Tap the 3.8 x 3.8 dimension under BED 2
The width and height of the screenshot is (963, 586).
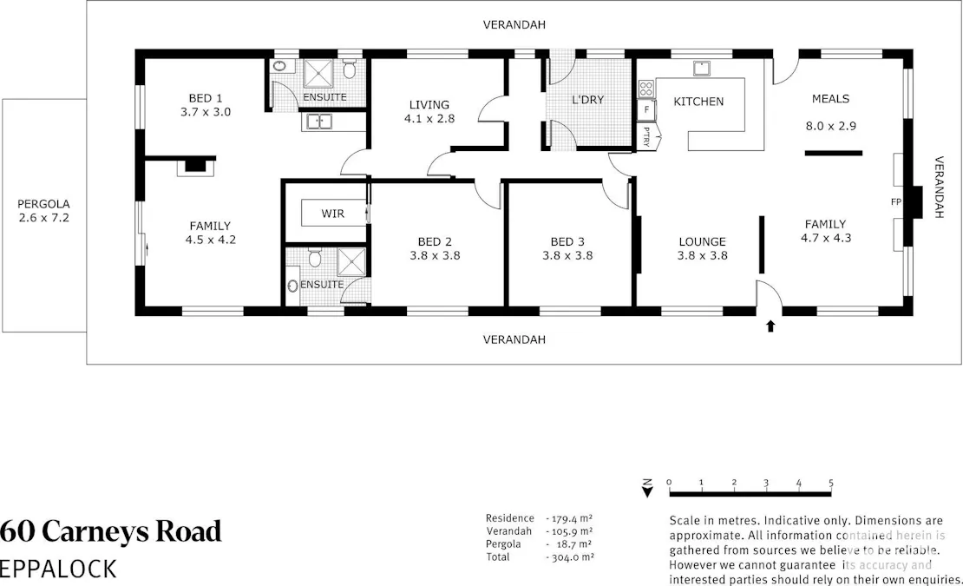point(435,256)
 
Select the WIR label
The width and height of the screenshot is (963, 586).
point(332,213)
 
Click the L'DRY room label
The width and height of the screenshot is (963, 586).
point(587,100)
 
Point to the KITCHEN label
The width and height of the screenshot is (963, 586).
point(698,102)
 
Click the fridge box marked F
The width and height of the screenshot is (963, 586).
point(646,109)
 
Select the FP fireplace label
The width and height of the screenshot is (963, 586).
point(896,202)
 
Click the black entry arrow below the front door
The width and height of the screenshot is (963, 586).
point(770,326)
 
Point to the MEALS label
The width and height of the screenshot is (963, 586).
point(830,99)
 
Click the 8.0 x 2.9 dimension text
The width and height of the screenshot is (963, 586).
point(831,126)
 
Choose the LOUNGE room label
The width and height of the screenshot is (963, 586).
point(702,242)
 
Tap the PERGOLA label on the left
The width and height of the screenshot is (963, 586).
point(43,205)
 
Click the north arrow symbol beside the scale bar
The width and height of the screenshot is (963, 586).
point(646,488)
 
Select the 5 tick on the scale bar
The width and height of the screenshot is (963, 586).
point(831,483)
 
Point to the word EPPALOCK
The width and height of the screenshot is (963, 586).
point(58,569)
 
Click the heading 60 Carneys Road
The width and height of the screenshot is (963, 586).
point(111,530)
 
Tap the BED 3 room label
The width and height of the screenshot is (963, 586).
point(567,242)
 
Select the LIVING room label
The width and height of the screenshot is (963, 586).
point(429,105)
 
